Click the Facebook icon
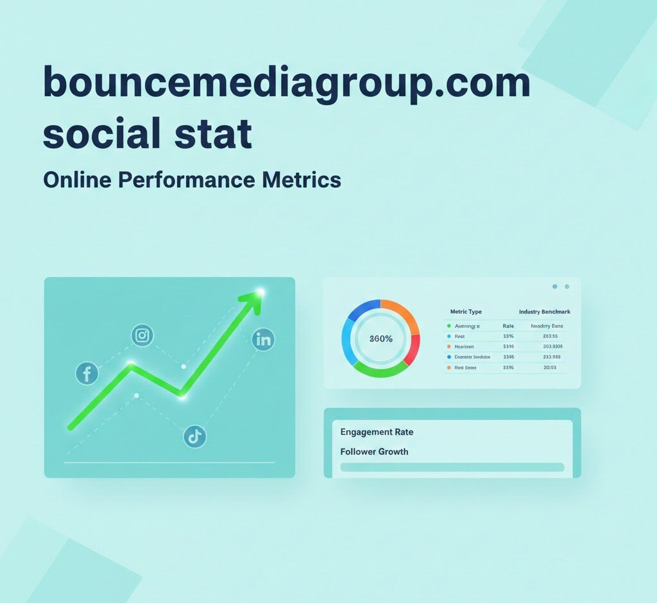[x=87, y=373]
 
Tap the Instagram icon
[x=142, y=335]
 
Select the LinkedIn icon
[x=263, y=339]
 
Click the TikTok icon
[x=195, y=437]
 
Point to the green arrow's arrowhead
[x=253, y=300]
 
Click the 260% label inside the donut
[x=380, y=339]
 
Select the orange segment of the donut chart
[x=402, y=313]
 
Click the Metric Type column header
[x=466, y=312]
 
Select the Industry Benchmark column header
[x=545, y=312]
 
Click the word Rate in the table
[x=508, y=326]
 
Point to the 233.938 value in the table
[x=552, y=357]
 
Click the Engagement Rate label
[x=377, y=432]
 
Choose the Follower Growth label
[x=374, y=452]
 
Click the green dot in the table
[x=448, y=326]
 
